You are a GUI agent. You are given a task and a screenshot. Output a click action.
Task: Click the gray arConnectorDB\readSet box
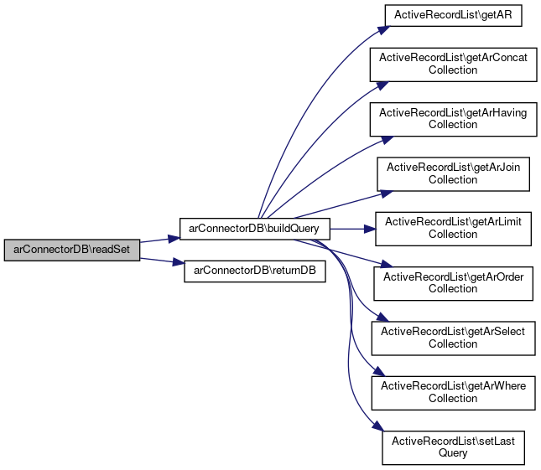[x=71, y=250]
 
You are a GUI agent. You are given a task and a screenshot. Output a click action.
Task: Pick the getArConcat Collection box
[x=453, y=64]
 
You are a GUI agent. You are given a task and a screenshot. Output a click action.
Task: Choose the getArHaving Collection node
[x=453, y=118]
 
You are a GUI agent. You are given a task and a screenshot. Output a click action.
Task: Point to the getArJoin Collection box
[x=453, y=173]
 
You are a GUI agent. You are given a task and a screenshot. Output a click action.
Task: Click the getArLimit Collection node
[x=453, y=228]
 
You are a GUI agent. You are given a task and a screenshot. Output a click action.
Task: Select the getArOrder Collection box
[x=453, y=282]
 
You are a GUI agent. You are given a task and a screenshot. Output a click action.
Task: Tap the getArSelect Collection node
[x=453, y=338]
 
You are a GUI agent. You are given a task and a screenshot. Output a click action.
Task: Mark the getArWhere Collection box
[x=453, y=392]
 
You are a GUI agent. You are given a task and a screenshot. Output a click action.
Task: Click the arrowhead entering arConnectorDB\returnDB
[x=179, y=266]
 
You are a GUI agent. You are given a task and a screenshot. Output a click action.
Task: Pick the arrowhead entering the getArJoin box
[x=385, y=192]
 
